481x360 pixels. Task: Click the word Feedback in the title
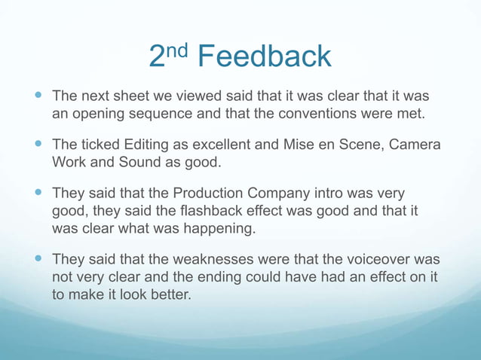point(266,56)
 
